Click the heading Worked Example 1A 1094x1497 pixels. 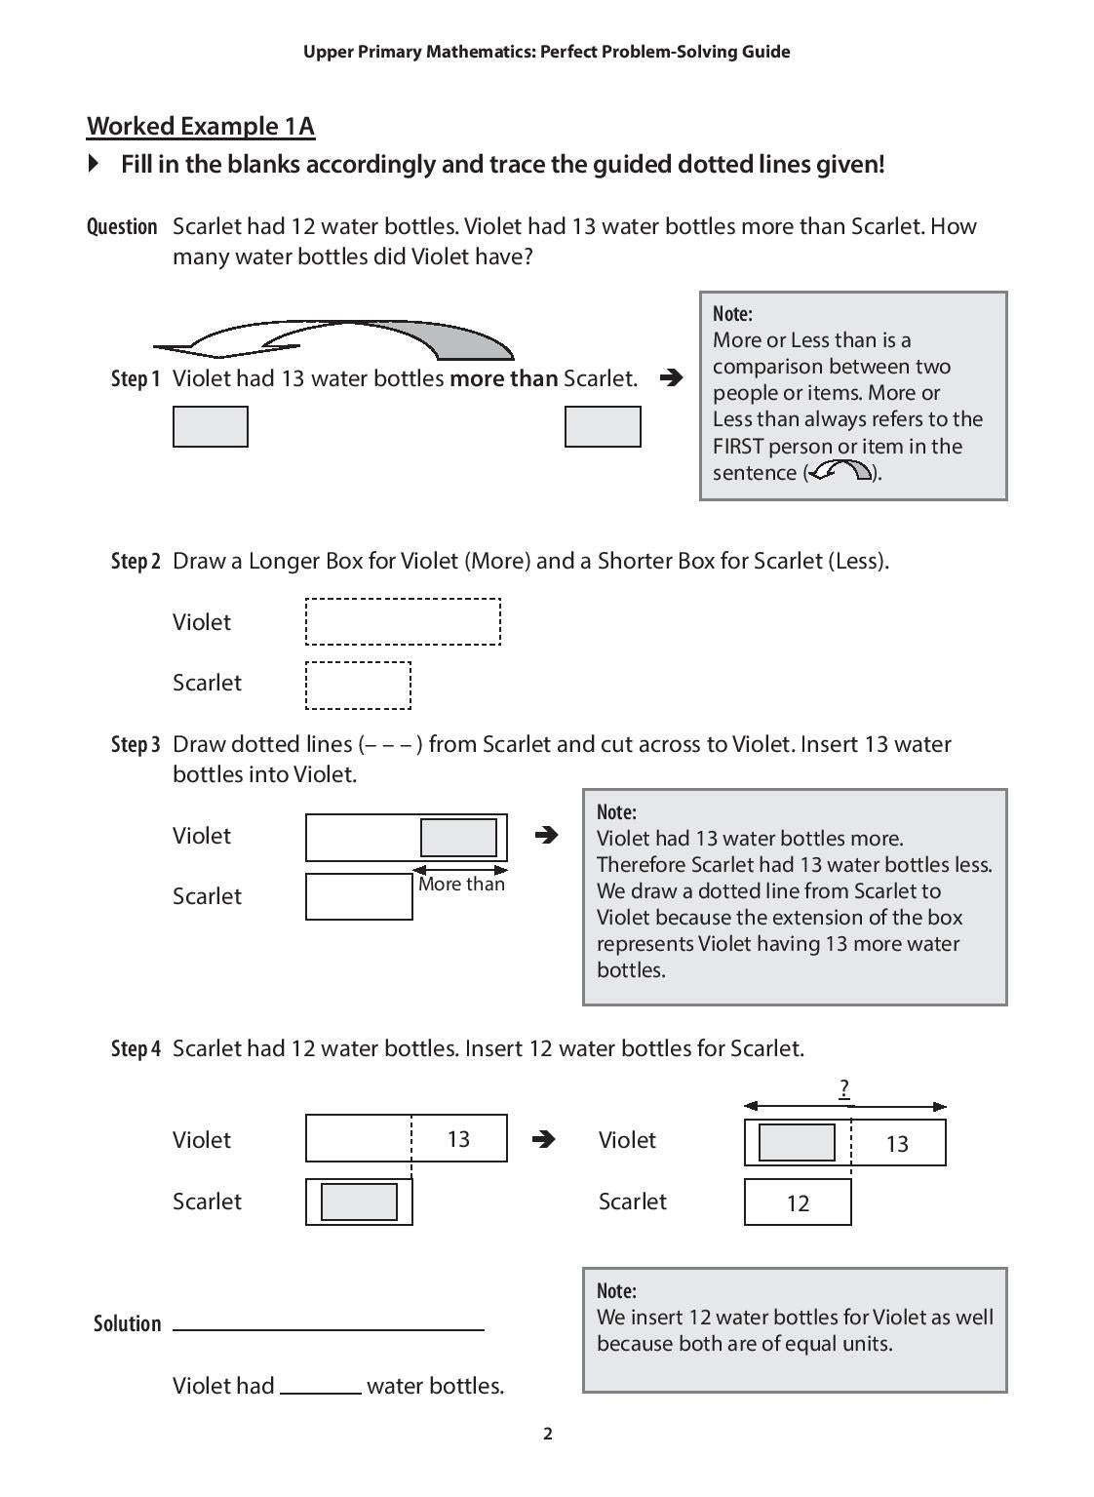point(201,127)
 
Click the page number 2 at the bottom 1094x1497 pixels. point(547,1433)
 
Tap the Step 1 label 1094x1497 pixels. point(135,378)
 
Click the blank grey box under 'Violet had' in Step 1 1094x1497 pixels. point(210,427)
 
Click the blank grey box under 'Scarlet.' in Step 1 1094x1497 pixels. point(603,427)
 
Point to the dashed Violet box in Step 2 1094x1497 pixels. point(403,622)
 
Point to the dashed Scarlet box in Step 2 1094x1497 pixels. point(358,686)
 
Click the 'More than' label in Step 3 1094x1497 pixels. point(461,884)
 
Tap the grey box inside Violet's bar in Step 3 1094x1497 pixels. point(458,838)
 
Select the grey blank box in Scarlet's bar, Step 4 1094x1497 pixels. point(359,1202)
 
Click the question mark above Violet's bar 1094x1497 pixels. point(844,1088)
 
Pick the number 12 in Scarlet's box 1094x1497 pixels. point(798,1203)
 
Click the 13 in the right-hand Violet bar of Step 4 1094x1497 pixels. point(897,1144)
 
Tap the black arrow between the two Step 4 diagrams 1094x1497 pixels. point(545,1139)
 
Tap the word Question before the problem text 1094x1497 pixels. point(122,227)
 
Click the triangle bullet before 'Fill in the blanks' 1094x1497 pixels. point(94,163)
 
